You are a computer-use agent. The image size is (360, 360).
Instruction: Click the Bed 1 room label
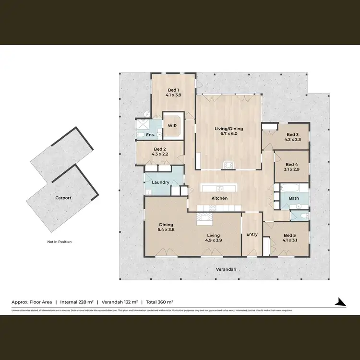tap(173, 90)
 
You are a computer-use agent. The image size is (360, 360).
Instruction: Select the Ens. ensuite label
tap(150, 135)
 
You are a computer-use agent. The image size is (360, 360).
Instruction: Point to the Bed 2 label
tap(160, 150)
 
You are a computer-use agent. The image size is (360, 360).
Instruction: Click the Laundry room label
tap(160, 182)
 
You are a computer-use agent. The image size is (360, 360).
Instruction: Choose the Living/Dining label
tap(228, 129)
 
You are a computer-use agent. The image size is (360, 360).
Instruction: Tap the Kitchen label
tap(220, 198)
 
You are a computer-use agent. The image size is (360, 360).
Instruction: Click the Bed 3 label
tap(292, 134)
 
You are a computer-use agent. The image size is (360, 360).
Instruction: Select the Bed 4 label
tap(292, 165)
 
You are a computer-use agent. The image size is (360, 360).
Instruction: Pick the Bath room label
tap(293, 198)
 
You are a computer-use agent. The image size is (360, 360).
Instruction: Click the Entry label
tap(252, 235)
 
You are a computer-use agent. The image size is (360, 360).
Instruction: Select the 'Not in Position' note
tap(59, 241)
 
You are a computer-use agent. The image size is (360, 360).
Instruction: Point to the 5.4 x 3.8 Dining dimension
tap(166, 229)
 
